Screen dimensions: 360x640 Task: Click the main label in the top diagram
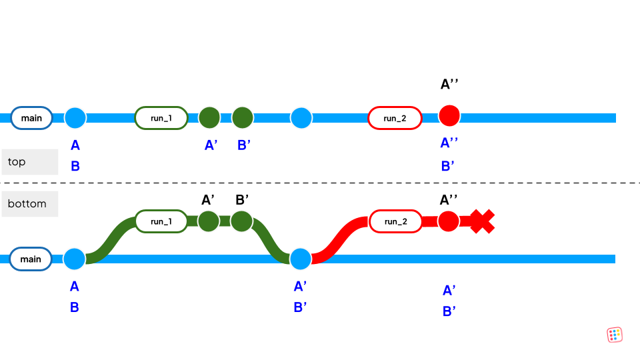(x=31, y=118)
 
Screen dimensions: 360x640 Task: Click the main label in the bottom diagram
(x=31, y=259)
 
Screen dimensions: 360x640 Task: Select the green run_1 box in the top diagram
(x=161, y=118)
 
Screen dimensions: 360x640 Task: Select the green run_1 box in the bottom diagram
(x=161, y=221)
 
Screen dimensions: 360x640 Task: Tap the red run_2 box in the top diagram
(x=395, y=118)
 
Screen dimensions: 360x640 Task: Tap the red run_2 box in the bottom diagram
(x=395, y=221)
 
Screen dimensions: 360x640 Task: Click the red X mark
(x=482, y=221)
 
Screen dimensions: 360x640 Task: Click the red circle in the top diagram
(x=449, y=115)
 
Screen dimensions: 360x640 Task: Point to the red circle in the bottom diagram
(x=449, y=221)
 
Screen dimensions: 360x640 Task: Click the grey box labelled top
(x=29, y=162)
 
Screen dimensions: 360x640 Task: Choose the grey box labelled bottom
(x=29, y=204)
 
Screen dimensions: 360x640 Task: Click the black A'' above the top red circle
(x=449, y=85)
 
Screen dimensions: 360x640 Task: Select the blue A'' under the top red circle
(x=449, y=143)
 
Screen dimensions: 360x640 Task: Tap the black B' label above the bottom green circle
(x=242, y=199)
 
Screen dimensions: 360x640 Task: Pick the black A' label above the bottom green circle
(x=208, y=199)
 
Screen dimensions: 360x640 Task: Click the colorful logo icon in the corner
(x=615, y=335)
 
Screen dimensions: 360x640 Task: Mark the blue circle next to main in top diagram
(x=75, y=118)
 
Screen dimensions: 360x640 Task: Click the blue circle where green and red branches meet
(x=301, y=259)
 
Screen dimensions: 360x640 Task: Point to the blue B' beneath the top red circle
(x=449, y=167)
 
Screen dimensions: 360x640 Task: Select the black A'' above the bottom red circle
(x=449, y=199)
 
